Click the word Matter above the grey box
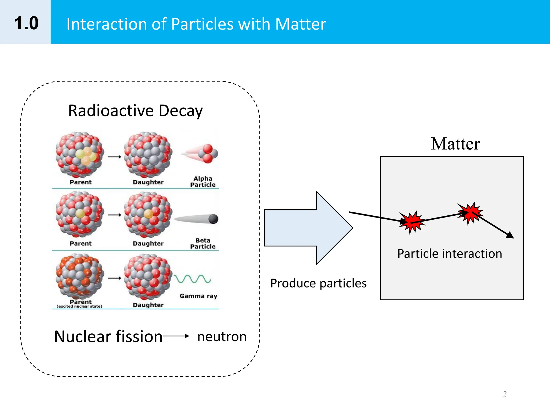tap(455, 144)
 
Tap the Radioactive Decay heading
tap(135, 111)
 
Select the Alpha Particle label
tap(203, 181)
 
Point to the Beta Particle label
tap(203, 243)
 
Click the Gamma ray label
tap(198, 296)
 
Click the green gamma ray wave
tap(192, 279)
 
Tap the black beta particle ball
tap(213, 219)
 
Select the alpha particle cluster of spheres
tap(208, 154)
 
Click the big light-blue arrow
tap(309, 228)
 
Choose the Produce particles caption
tap(318, 283)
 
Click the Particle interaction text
tap(450, 254)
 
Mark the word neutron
tap(222, 337)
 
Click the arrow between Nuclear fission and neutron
tap(176, 336)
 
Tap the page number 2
tap(504, 394)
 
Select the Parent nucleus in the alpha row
tap(79, 155)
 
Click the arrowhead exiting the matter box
tap(510, 235)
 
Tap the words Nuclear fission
tap(108, 337)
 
